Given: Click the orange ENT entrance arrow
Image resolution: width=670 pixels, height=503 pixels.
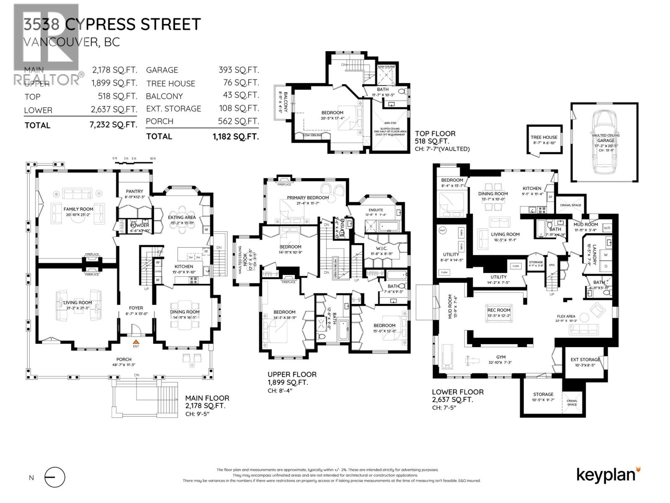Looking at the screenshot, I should [x=136, y=342].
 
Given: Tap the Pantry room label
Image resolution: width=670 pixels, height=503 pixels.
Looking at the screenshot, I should [x=134, y=192].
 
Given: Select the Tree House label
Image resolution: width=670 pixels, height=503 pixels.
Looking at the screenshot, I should [x=544, y=137].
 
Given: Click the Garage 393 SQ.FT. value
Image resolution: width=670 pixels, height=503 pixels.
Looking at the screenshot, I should [x=239, y=70].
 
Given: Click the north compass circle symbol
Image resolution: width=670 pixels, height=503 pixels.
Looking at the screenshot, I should [x=55, y=477].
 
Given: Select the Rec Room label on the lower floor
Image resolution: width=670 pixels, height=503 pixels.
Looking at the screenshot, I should [x=499, y=310].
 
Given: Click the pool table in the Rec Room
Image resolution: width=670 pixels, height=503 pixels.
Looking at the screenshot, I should [x=499, y=319].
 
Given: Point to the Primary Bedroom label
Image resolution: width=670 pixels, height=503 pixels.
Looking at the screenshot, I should [x=308, y=197].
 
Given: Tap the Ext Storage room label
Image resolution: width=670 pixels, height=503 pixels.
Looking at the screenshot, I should [x=585, y=360].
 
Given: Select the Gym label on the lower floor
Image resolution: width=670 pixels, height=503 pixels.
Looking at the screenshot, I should [x=500, y=357].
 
